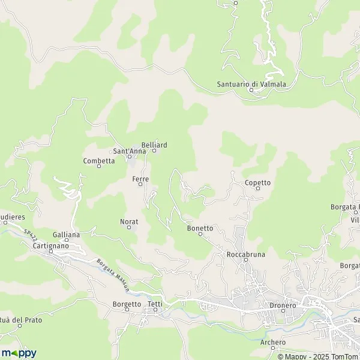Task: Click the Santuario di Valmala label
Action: click(x=251, y=84)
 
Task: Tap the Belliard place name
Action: click(x=154, y=145)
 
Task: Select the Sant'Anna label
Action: click(x=129, y=151)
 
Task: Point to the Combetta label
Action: click(x=99, y=161)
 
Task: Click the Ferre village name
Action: click(x=140, y=179)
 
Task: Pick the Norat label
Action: click(x=129, y=222)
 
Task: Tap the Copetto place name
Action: click(x=258, y=182)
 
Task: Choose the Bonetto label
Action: click(x=200, y=228)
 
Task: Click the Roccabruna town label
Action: click(x=246, y=254)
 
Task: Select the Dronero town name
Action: click(x=280, y=305)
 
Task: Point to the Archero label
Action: click(x=274, y=343)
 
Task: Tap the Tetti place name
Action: click(x=155, y=304)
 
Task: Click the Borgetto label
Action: click(x=127, y=304)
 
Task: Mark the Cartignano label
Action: click(x=51, y=246)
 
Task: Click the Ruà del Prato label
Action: click(x=21, y=320)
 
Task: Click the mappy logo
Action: click(x=19, y=353)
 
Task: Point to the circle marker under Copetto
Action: click(x=258, y=189)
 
